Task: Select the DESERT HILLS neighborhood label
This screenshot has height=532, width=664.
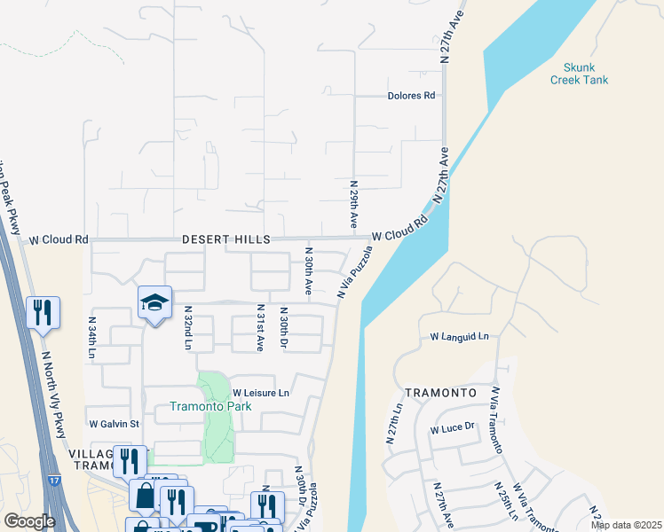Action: (225, 239)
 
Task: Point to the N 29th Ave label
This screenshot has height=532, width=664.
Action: (353, 205)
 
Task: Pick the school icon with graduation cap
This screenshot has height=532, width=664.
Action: (154, 303)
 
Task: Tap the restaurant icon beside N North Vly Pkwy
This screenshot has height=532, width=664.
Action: (43, 312)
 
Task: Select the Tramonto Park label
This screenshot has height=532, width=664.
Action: (210, 407)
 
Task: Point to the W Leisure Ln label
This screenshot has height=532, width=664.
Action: (261, 393)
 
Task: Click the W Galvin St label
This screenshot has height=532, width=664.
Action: (114, 424)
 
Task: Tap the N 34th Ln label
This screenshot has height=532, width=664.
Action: (91, 338)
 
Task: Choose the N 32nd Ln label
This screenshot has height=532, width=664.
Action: (188, 327)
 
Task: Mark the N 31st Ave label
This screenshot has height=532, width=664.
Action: (260, 329)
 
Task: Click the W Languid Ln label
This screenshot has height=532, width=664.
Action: (460, 337)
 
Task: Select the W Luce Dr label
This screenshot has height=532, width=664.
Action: (454, 427)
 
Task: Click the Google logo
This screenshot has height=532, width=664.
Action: (29, 521)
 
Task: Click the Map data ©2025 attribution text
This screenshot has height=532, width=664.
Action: (625, 525)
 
